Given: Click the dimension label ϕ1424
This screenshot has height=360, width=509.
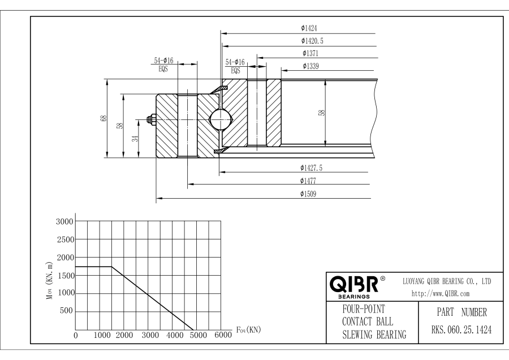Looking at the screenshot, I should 311,27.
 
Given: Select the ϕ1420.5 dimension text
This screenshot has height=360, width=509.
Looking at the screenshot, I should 313,41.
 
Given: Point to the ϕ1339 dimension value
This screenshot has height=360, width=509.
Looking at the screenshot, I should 311,66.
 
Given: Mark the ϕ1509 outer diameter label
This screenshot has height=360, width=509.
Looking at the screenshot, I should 311,194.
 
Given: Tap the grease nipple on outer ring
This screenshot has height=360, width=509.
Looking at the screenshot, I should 152,119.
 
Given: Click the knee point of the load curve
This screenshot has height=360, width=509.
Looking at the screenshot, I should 111,267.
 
